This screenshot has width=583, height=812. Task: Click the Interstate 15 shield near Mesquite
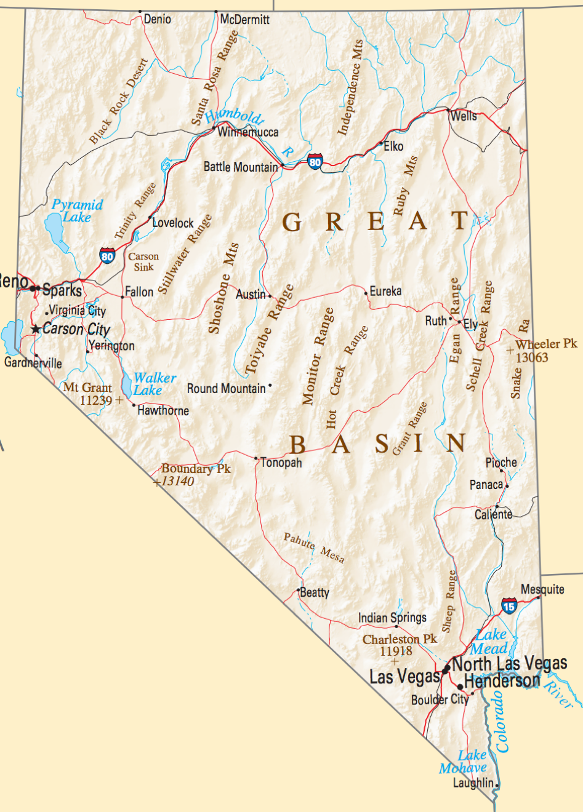pos(509,606)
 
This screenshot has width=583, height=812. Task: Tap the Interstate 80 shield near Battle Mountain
pos(315,162)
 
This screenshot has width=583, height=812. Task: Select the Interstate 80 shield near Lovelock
pos(107,256)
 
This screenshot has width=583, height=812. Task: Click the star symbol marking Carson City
pos(36,330)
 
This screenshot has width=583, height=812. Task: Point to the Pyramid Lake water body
pos(54,231)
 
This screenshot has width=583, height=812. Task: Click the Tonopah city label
pos(281,463)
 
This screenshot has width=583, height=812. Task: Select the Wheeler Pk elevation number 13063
pos(531,357)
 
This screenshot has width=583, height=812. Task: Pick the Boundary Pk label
pos(196,469)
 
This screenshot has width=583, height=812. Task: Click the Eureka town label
pos(385,291)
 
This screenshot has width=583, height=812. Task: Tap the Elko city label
pos(393,146)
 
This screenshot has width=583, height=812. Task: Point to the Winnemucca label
pos(248,132)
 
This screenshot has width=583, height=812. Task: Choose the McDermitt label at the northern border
pos(245,20)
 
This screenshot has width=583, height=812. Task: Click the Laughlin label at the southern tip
pos(473,783)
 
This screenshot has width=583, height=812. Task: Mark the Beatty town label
pos(315,592)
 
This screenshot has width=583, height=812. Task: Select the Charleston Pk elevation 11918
pos(395,651)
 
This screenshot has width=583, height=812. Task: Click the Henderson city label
pos(502,682)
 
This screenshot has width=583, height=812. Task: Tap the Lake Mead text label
pos(491,642)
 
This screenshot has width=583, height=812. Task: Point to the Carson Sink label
pos(143,261)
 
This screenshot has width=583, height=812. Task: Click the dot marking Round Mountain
pos(270,386)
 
